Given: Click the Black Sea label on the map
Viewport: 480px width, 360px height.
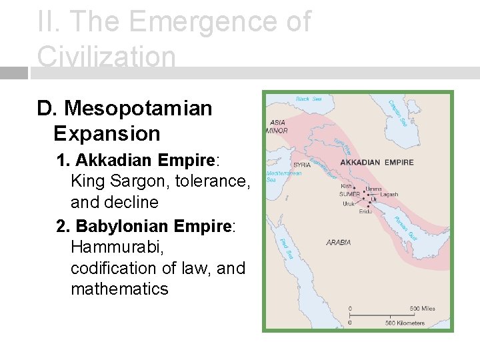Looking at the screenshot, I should pyautogui.click(x=309, y=99).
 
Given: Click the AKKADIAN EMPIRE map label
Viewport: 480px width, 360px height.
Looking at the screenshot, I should pyautogui.click(x=377, y=162).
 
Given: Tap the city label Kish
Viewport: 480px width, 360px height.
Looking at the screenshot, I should pyautogui.click(x=346, y=187).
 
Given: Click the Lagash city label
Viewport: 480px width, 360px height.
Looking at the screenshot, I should pyautogui.click(x=389, y=195).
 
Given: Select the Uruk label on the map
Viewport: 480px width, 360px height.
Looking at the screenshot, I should pyautogui.click(x=349, y=203).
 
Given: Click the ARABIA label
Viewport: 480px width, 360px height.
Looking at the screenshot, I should pyautogui.click(x=339, y=243).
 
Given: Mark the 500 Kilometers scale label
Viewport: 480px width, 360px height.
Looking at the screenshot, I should pyautogui.click(x=405, y=323).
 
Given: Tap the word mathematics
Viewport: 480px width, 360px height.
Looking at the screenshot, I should pyautogui.click(x=119, y=289).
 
